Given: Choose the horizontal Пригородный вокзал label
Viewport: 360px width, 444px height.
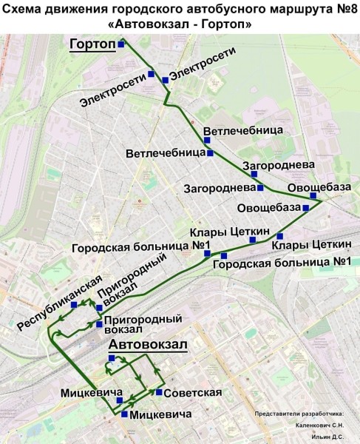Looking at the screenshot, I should [x=143, y=325].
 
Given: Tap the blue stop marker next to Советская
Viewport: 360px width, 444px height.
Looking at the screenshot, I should [x=159, y=391].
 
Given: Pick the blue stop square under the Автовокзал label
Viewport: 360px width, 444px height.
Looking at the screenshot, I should [x=112, y=358].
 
